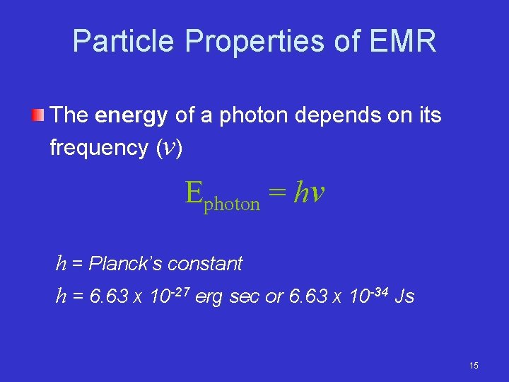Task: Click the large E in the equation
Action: pyautogui.click(x=194, y=192)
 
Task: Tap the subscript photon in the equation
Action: pyautogui.click(x=232, y=204)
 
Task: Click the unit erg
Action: pyautogui.click(x=209, y=297)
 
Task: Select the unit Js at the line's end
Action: pyautogui.click(x=404, y=296)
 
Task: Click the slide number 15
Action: pyautogui.click(x=474, y=365)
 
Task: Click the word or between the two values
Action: pyautogui.click(x=274, y=297)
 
